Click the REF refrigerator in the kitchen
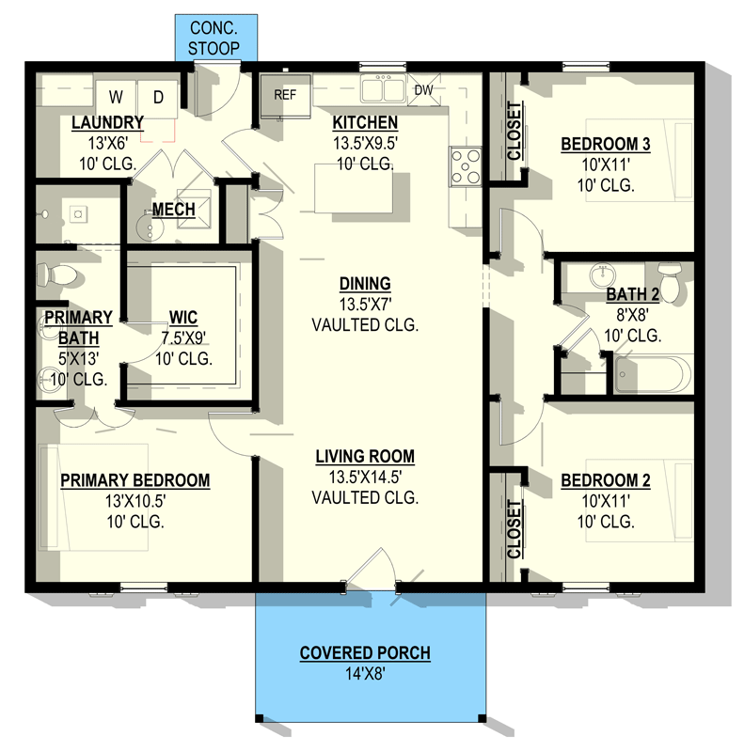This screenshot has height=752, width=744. tap(285, 96)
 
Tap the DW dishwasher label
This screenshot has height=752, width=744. tap(423, 90)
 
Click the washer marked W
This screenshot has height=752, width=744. tap(117, 96)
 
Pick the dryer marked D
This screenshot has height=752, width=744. tap(158, 96)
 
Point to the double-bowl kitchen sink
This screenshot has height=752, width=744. tap(382, 89)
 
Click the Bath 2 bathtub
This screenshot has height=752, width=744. tap(653, 374)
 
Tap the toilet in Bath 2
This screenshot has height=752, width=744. tap(670, 281)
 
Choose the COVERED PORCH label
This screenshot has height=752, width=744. tap(365, 653)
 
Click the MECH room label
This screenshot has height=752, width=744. tap(173, 209)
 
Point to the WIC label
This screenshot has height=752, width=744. tap(182, 318)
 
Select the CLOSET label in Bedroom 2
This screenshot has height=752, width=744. tap(514, 530)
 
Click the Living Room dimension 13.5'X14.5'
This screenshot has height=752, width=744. tap(365, 478)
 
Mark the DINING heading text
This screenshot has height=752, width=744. tap(365, 284)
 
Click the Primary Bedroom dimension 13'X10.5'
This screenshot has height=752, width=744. tap(135, 501)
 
